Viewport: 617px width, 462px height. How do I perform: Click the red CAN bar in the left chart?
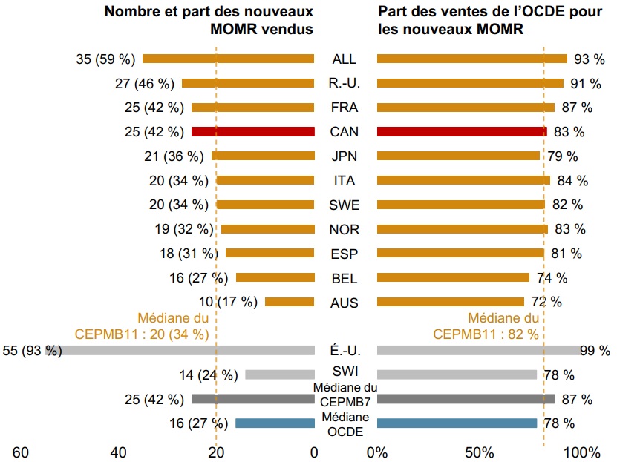252,131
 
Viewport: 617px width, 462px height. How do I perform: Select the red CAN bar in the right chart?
462,131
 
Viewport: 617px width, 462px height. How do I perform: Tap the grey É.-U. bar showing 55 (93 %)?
186,350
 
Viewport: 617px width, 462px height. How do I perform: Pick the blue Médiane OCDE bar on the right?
457,423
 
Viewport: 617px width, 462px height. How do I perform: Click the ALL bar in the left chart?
228,59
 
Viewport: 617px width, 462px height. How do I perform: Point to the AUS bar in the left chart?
290,302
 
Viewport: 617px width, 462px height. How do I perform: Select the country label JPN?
344,156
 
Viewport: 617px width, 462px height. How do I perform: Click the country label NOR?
344,229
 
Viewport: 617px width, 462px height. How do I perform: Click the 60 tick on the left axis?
21,452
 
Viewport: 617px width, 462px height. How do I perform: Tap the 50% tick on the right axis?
479,452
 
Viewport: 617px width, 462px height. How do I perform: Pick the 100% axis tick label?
582,452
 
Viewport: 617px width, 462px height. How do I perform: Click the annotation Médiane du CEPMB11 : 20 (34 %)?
141,326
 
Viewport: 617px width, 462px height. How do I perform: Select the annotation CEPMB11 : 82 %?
487,334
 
